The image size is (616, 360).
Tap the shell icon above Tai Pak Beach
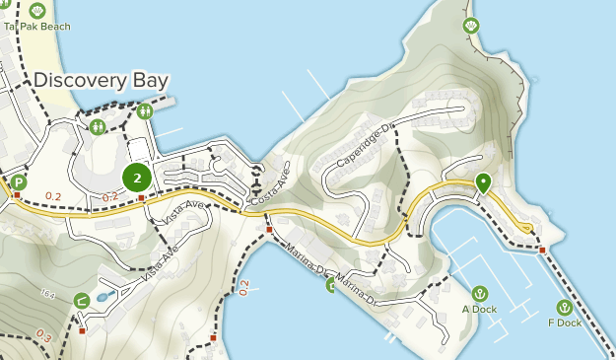[x=36, y=10]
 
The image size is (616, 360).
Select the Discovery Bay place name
[x=101, y=81]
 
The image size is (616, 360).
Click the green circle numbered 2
[x=137, y=178]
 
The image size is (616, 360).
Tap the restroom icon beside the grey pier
[x=146, y=111]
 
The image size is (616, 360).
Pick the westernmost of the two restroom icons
[x=98, y=127]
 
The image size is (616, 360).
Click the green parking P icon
[x=19, y=182]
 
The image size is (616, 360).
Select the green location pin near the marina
[x=483, y=183]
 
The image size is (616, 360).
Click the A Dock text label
[x=479, y=310]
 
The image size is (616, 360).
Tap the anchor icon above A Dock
[x=479, y=293]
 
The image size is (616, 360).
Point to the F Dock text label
[x=565, y=323]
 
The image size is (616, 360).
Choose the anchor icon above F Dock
[x=565, y=307]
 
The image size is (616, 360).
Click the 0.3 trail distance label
[x=43, y=336]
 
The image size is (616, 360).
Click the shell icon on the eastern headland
[x=471, y=26]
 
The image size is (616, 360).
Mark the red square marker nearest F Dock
[x=542, y=251]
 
